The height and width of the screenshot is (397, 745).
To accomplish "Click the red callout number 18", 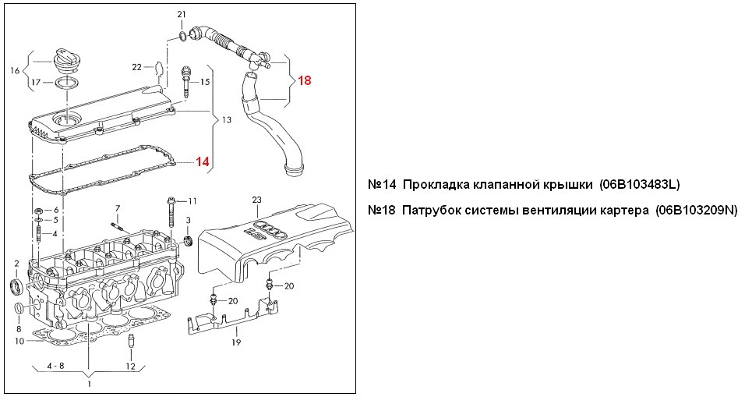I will coord(304,80).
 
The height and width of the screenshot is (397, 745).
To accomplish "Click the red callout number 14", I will coord(202,162).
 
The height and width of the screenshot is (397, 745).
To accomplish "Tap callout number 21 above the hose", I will coord(182,15).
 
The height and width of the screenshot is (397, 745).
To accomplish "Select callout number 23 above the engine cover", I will coord(258,200).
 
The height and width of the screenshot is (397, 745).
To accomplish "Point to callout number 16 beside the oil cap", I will coord(14,70).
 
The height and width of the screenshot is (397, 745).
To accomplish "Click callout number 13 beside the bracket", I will coord(227,121).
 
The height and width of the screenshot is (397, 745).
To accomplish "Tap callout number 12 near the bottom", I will coord(130,366).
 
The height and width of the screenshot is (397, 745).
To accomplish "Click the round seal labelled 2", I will coord(16,287).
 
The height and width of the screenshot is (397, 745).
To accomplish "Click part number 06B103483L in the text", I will coord(640,185).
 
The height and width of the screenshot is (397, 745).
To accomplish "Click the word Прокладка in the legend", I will coord(436,185).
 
